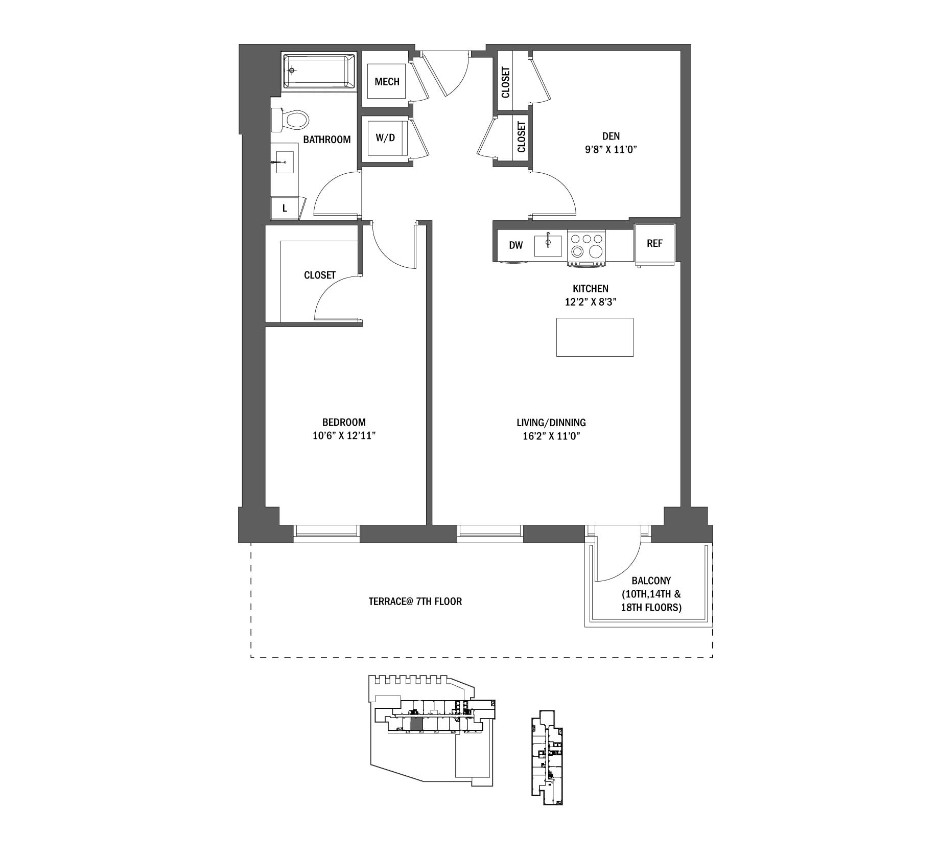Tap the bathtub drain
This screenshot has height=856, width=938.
(x=292, y=71)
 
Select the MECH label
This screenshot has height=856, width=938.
(x=387, y=82)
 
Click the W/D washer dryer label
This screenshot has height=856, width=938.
(x=385, y=138)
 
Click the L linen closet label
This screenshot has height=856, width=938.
(x=285, y=208)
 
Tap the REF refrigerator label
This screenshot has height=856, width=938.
(x=654, y=243)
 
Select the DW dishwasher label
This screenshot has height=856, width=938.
(x=516, y=245)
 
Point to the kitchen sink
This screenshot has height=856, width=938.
(x=548, y=245)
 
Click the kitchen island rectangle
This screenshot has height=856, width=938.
(x=595, y=337)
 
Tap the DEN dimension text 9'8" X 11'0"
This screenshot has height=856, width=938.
(x=611, y=150)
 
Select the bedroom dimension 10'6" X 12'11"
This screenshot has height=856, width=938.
(x=344, y=436)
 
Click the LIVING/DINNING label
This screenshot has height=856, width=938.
(x=551, y=423)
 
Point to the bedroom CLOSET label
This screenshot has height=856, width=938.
(x=320, y=275)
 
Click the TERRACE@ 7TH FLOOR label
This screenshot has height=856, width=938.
(x=415, y=601)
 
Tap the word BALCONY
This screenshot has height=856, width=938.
(x=651, y=581)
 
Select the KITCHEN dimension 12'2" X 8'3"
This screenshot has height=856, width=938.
(x=591, y=302)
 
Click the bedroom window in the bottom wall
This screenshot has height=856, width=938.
(x=326, y=532)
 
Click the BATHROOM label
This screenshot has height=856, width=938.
(x=327, y=140)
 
